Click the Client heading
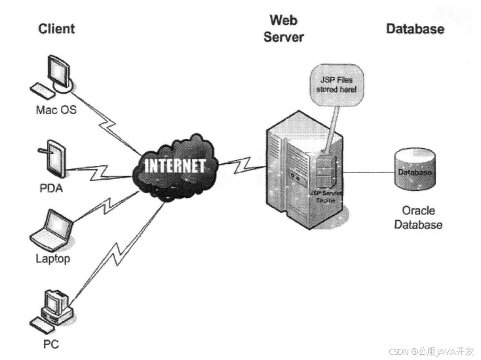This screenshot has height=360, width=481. pyautogui.click(x=56, y=29)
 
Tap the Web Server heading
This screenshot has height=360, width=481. pyautogui.click(x=284, y=29)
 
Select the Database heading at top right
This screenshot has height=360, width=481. pyautogui.click(x=415, y=29)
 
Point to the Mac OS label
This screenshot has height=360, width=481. pyautogui.click(x=56, y=110)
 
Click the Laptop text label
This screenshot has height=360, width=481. pyautogui.click(x=52, y=258)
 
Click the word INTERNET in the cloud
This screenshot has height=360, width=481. pyautogui.click(x=174, y=165)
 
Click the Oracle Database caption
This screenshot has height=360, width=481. pyautogui.click(x=418, y=218)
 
